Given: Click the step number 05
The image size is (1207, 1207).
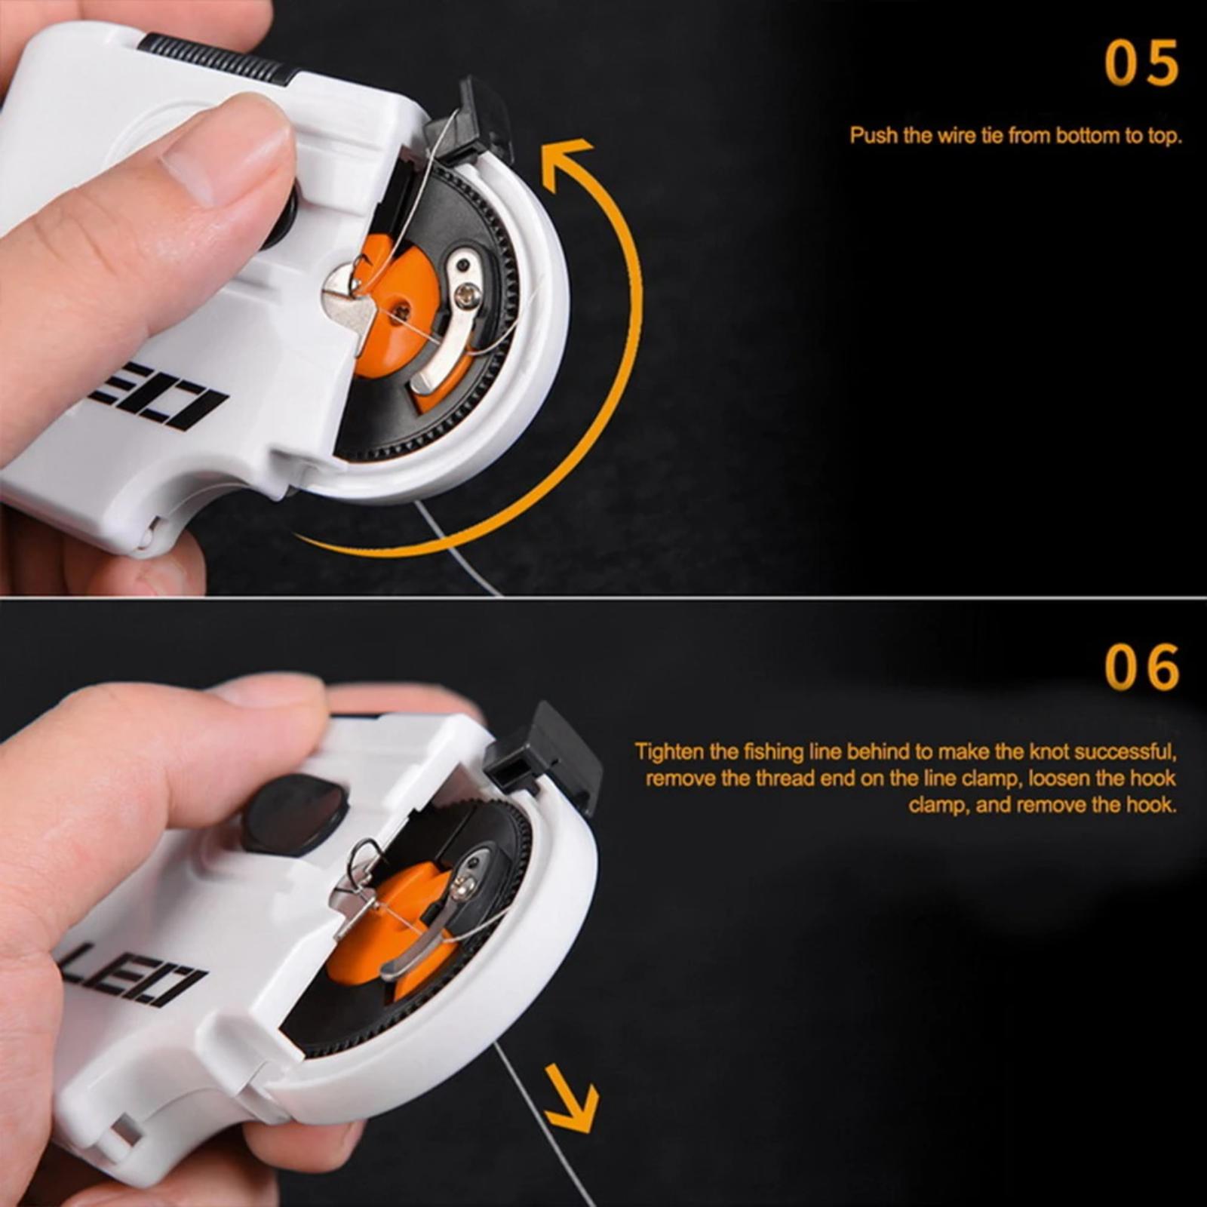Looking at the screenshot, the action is (x=1141, y=63).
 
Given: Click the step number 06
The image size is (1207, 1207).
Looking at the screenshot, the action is (x=1141, y=667).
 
